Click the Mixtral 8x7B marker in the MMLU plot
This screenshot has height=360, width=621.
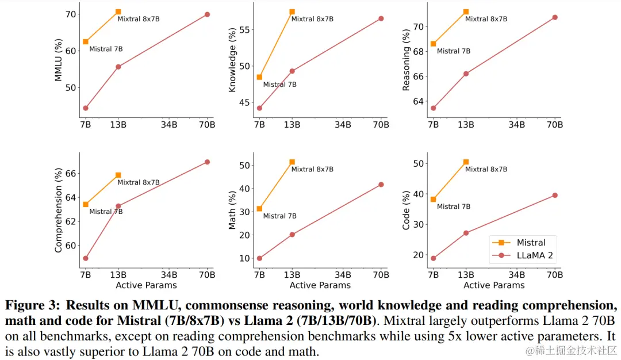point(118,12)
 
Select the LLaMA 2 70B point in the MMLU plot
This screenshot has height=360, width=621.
point(207,14)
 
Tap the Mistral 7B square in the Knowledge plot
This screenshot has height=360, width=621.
point(259,77)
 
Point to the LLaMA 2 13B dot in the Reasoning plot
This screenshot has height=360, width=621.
point(466,74)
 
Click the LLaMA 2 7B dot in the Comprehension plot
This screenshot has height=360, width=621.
point(86,258)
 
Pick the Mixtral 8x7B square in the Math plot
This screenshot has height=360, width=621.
point(292,162)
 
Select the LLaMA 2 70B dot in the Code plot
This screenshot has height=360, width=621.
point(555,195)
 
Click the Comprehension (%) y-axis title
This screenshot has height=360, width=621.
point(58,210)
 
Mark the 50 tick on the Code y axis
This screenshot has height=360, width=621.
point(420,164)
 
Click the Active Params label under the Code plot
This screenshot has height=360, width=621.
point(494,285)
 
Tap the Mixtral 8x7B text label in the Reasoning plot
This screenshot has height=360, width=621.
point(486,19)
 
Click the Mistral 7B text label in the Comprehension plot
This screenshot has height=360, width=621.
point(106,212)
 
